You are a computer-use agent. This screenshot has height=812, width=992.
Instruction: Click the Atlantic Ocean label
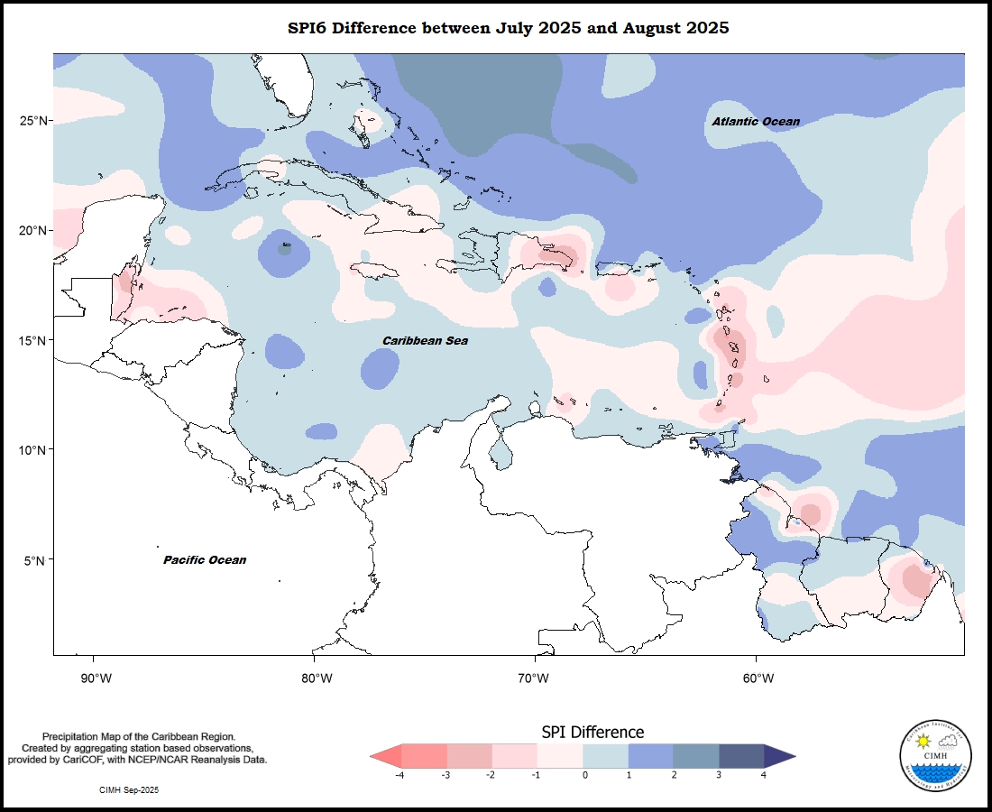(755, 122)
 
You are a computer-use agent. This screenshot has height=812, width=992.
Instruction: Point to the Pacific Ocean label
(205, 560)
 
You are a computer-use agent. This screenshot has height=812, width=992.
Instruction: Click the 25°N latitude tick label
(34, 121)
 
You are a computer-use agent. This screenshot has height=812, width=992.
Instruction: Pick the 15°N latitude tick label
(34, 340)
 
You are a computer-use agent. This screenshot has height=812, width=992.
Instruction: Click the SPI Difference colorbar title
(592, 732)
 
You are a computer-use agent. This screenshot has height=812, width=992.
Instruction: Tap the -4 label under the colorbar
(399, 774)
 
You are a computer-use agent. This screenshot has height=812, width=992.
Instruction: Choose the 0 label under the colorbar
(585, 774)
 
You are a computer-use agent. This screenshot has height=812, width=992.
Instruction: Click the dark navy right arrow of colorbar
(778, 756)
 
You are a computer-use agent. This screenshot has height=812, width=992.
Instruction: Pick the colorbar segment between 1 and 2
(650, 756)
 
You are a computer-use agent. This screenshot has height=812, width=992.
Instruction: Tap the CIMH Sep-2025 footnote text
(129, 789)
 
